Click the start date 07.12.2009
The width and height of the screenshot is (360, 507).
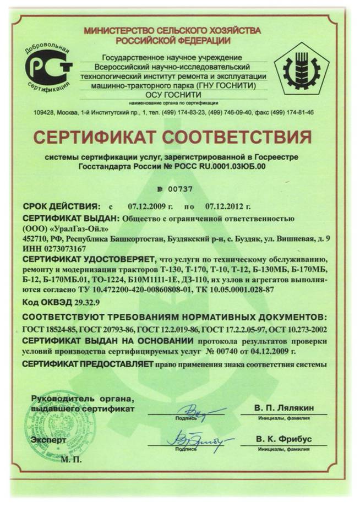click(x=151, y=207)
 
